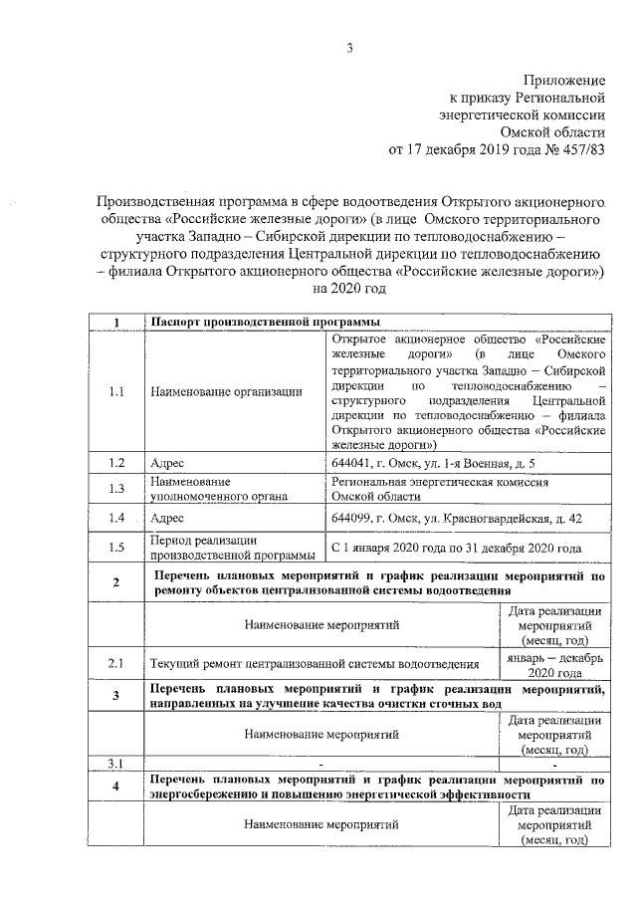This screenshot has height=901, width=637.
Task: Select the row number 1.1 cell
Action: point(115,392)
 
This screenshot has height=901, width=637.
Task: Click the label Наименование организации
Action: point(226,392)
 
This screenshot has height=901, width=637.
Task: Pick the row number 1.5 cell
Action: point(115,547)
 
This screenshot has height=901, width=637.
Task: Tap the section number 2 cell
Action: point(115,582)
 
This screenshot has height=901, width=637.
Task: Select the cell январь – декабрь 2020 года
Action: point(553,662)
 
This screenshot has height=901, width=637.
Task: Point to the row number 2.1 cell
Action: point(115,662)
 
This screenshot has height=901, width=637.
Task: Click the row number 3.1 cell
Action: point(115,764)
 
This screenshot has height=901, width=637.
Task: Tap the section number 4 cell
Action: point(115,787)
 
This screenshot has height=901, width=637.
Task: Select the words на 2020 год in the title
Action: point(348,289)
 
